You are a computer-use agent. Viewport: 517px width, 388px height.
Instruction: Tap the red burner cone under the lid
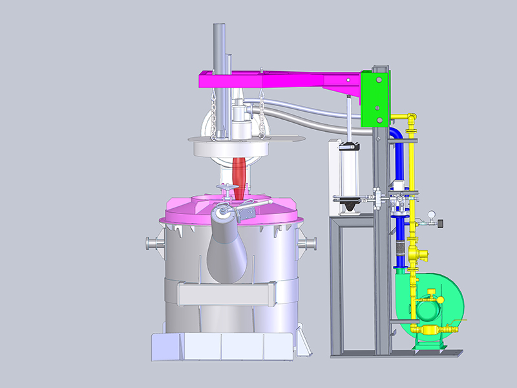(240, 173)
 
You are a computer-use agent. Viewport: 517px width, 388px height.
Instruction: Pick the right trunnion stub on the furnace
(308, 243)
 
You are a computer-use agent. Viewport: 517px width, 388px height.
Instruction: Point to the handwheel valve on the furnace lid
(227, 189)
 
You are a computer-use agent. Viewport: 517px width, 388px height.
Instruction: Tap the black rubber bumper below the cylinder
(350, 208)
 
